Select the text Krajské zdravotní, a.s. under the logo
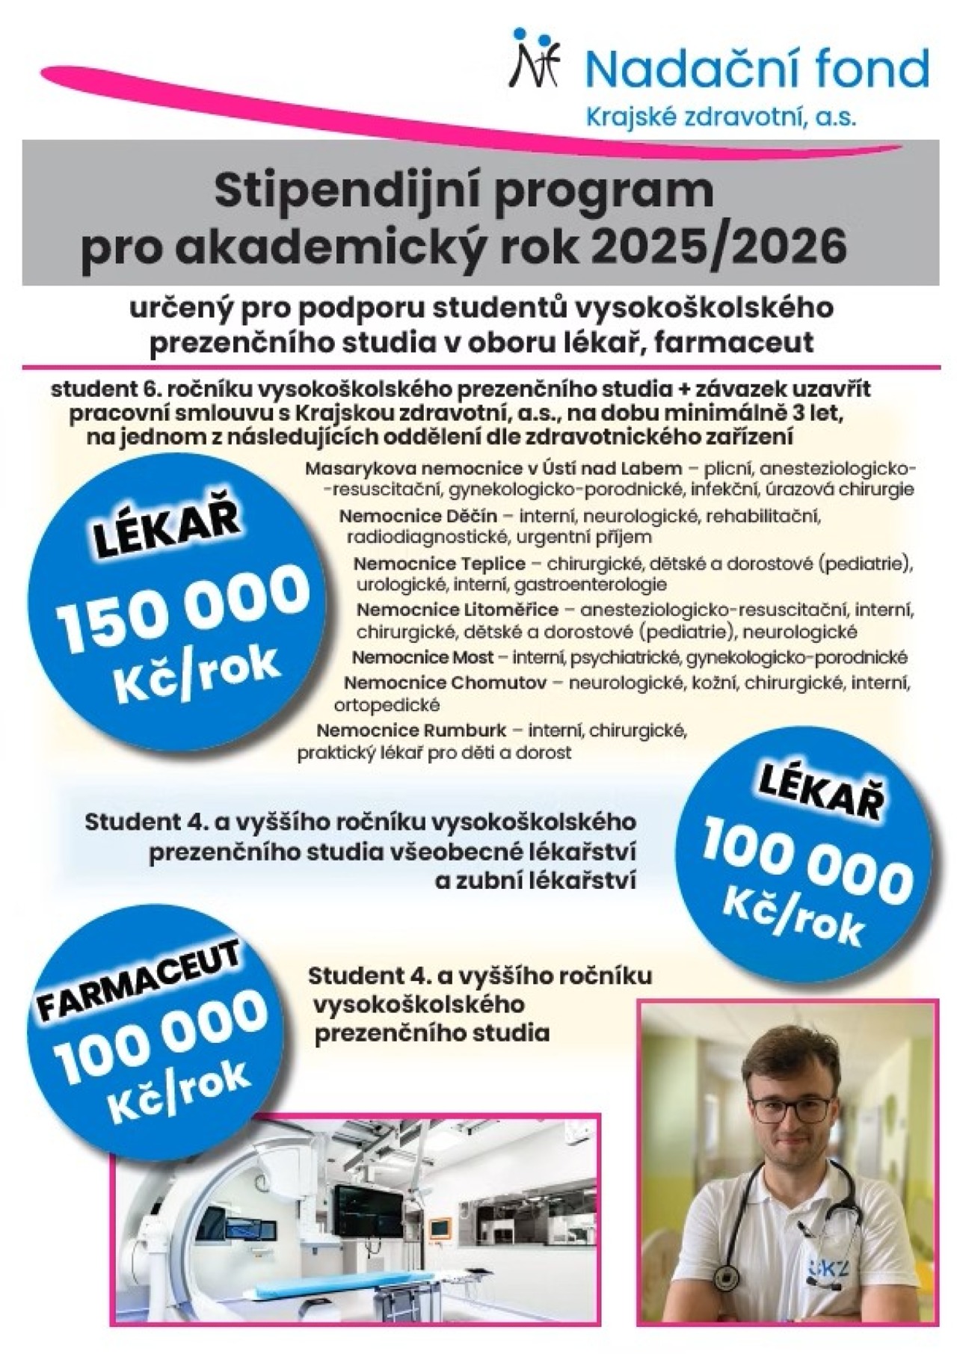pyautogui.click(x=721, y=117)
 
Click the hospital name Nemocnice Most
pyautogui.click(x=422, y=657)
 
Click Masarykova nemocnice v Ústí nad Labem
pyautogui.click(x=493, y=469)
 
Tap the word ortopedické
pyautogui.click(x=387, y=705)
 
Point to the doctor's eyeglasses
pyautogui.click(x=787, y=1108)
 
